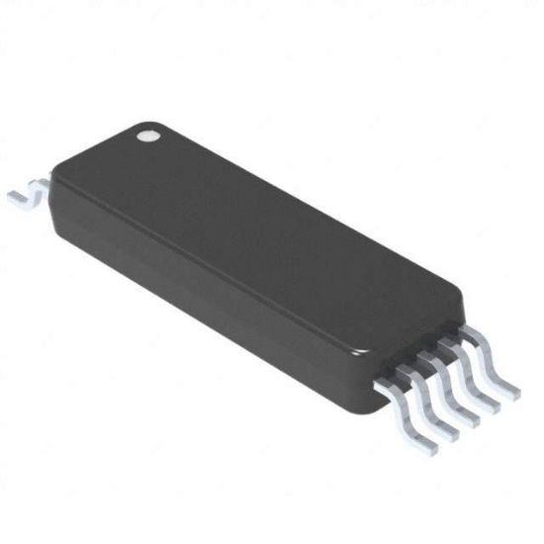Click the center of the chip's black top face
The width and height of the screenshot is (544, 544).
267,237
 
